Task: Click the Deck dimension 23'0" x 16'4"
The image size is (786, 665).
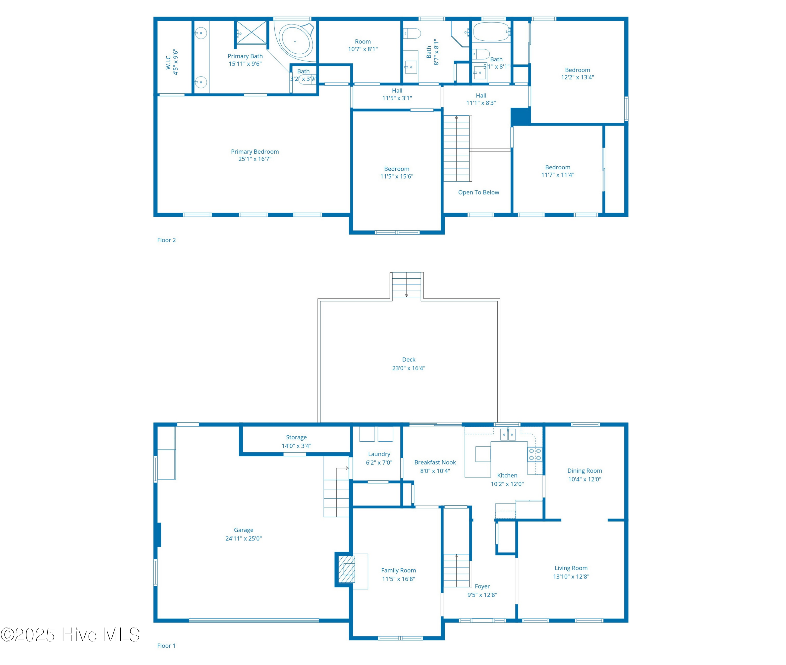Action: coord(408,368)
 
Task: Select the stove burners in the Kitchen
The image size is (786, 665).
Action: coord(535,454)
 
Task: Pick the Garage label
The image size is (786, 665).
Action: coord(243,530)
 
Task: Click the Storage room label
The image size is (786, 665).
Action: coord(296,437)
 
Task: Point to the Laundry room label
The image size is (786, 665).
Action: coord(379,454)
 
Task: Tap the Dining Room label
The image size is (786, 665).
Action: coord(585,471)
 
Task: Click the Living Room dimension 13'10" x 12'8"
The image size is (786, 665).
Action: coord(571,576)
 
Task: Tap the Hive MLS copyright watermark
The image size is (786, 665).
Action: coord(70,635)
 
